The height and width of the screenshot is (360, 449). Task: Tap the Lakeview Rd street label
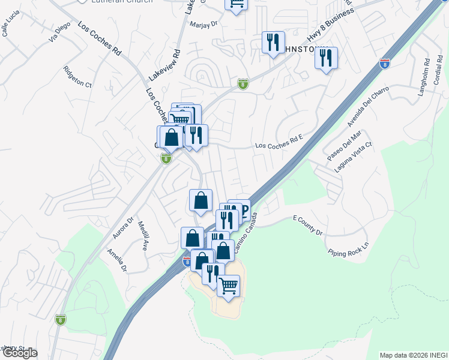pos(164,65)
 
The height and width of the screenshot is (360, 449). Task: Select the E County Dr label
pos(308,225)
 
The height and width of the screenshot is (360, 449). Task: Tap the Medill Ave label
pos(143,235)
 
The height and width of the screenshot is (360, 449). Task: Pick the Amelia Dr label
pos(118,261)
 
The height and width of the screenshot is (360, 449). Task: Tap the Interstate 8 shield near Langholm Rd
pos(384,64)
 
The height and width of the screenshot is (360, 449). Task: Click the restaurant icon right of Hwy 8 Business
pos(326,58)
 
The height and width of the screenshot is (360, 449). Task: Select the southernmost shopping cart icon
pos(229,286)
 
